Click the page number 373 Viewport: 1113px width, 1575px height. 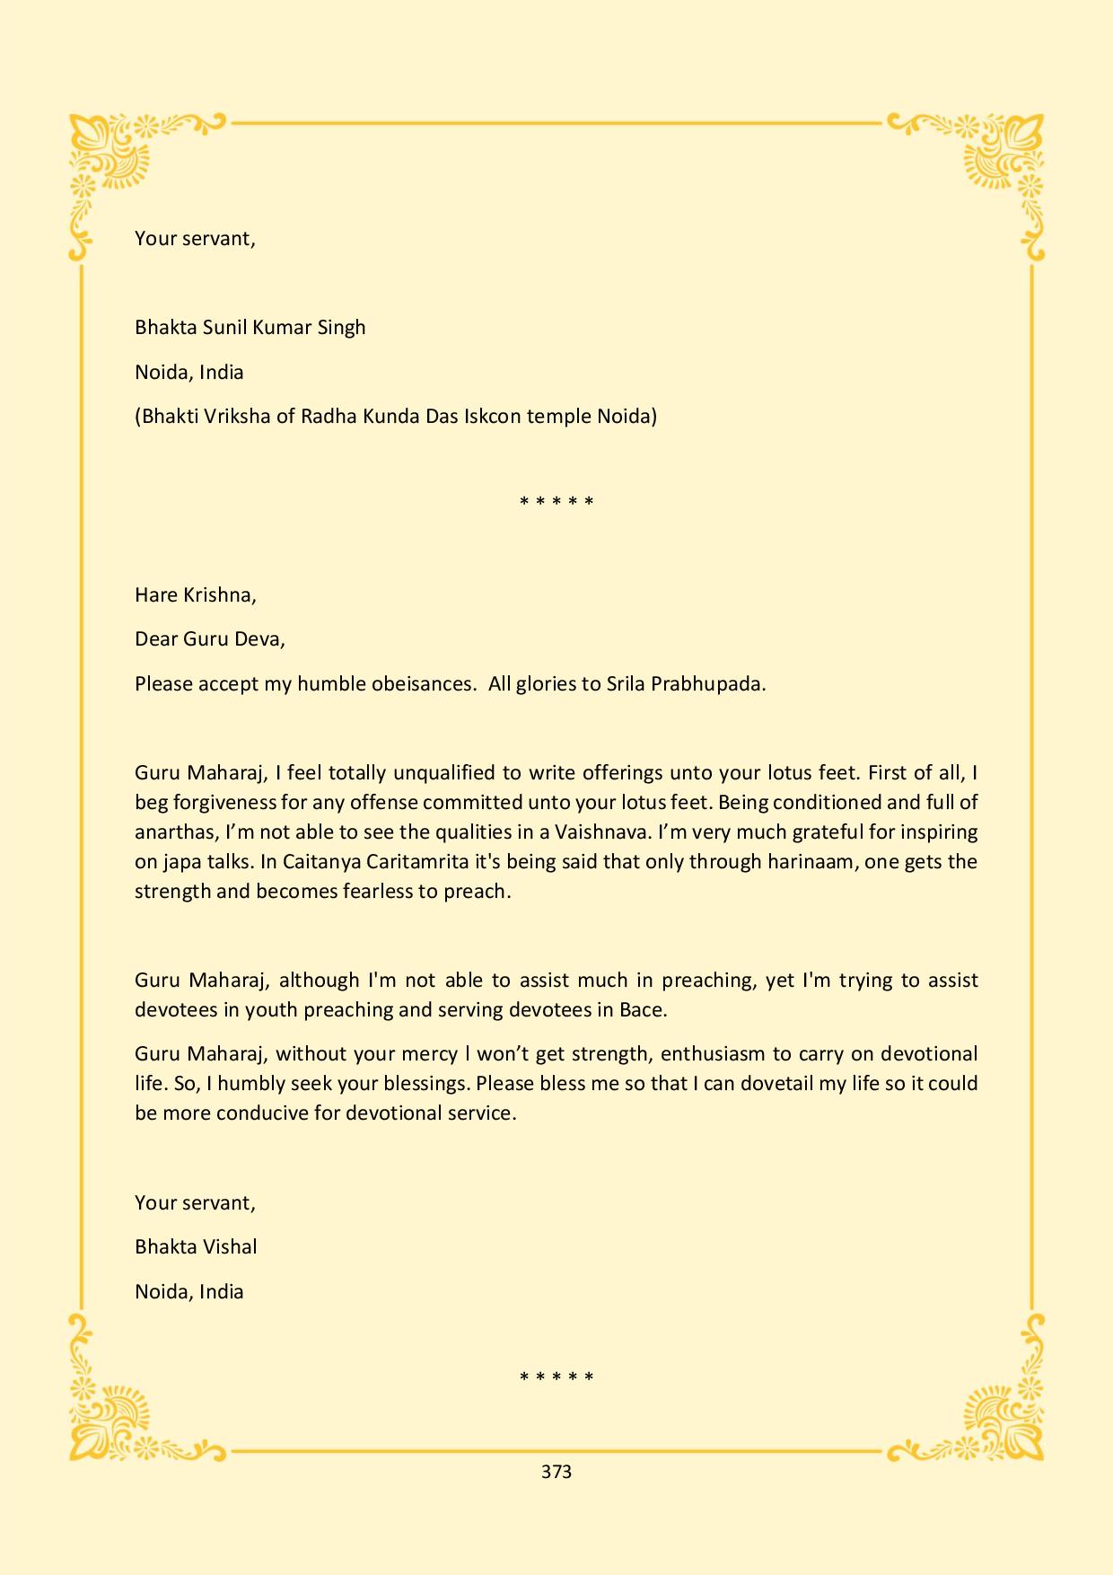coord(556,1471)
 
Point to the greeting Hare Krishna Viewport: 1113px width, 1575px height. coord(195,594)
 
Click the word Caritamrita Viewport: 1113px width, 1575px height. coord(422,861)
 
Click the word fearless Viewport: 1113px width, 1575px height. coord(377,892)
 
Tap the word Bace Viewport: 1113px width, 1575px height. coord(644,1009)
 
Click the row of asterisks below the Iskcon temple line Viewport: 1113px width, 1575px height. coord(556,501)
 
